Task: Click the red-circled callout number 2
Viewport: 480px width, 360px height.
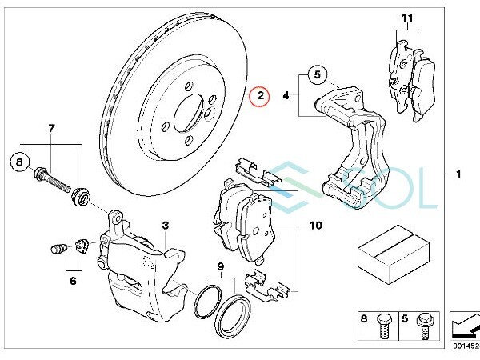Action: click(x=260, y=96)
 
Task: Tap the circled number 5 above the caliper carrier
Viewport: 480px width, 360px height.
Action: click(x=317, y=74)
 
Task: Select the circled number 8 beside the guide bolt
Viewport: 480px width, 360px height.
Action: click(x=19, y=162)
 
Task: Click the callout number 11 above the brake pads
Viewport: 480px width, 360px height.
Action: click(x=407, y=18)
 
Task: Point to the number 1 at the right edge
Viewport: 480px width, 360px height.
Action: click(x=458, y=174)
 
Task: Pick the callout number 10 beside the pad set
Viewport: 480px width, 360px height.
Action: click(x=316, y=226)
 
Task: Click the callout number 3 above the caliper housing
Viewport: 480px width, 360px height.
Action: click(x=166, y=226)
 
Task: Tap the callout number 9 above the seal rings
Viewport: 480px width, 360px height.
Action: click(x=221, y=267)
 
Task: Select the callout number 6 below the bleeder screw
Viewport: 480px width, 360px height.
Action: click(x=73, y=281)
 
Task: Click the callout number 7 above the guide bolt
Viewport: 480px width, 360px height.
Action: click(x=51, y=129)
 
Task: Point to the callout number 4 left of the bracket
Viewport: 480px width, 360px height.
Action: click(x=286, y=95)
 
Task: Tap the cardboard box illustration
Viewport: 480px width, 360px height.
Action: click(x=394, y=254)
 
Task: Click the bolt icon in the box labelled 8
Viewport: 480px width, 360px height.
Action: click(x=383, y=326)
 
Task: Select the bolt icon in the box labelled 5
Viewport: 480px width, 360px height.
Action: click(x=423, y=326)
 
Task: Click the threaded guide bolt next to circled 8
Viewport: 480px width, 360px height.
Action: click(x=52, y=180)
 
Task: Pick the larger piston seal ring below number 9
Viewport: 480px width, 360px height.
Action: click(x=234, y=313)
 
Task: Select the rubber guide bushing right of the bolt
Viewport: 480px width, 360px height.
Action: click(x=82, y=197)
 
